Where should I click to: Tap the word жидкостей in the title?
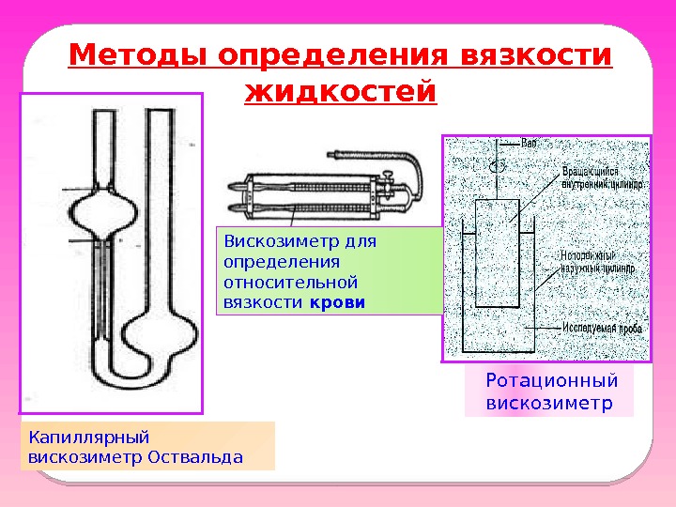click(340, 93)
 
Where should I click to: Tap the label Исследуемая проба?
click(601, 329)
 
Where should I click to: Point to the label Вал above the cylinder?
click(530, 144)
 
